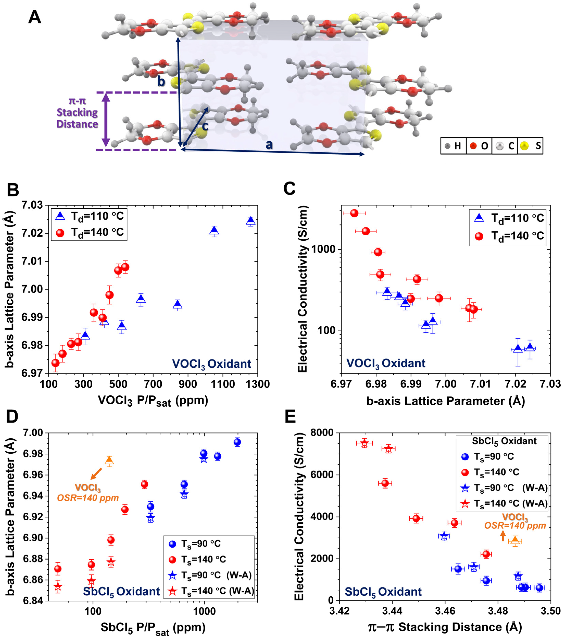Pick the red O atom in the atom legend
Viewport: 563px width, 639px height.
473,146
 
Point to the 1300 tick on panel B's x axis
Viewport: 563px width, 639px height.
257,384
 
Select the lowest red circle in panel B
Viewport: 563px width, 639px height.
55,363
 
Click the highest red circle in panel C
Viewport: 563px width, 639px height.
354,213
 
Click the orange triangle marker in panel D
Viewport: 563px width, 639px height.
109,460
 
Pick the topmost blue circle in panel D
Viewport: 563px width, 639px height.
237,442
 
